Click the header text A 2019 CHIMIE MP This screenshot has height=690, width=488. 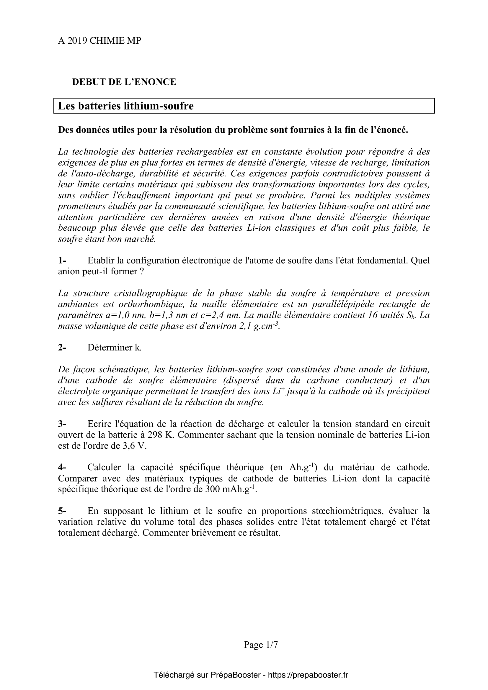click(99, 41)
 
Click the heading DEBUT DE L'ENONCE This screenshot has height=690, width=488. click(124, 82)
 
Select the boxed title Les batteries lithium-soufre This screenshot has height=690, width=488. click(126, 106)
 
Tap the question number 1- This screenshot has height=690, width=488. click(62, 260)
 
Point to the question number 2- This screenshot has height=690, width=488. click(62, 348)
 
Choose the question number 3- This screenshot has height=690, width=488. click(62, 424)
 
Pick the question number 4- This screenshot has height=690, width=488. click(62, 468)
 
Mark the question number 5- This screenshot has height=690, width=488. click(62, 511)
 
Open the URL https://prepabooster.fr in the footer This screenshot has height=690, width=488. click(308, 675)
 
